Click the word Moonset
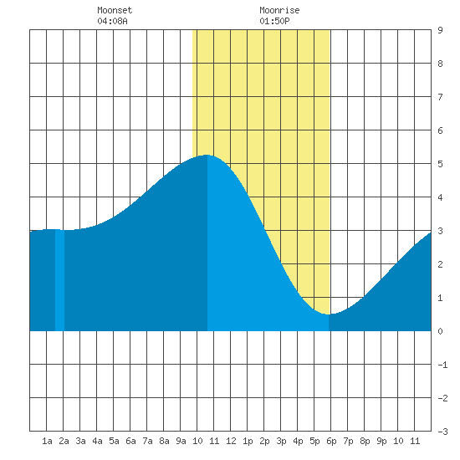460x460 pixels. click(115, 10)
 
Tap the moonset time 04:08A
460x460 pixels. click(112, 21)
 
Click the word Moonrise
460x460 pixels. click(279, 10)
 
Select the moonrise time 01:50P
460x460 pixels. click(274, 21)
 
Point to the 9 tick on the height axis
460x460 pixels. click(440, 30)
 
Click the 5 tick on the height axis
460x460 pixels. click(440, 164)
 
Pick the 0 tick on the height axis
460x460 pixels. click(440, 331)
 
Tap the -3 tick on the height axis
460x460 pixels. click(442, 432)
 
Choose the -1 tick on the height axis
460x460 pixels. click(442, 365)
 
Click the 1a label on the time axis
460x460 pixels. click(47, 441)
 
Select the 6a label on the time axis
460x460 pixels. click(130, 441)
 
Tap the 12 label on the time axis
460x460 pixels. click(231, 441)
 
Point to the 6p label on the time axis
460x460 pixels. click(331, 441)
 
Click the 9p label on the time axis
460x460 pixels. click(381, 441)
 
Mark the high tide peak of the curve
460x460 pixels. click(207, 155)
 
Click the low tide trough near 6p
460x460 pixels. click(329, 314)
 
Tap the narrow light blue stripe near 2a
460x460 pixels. click(59, 280)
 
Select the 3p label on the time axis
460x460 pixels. click(281, 441)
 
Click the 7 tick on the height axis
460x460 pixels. click(440, 97)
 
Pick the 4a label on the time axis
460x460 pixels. click(97, 441)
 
